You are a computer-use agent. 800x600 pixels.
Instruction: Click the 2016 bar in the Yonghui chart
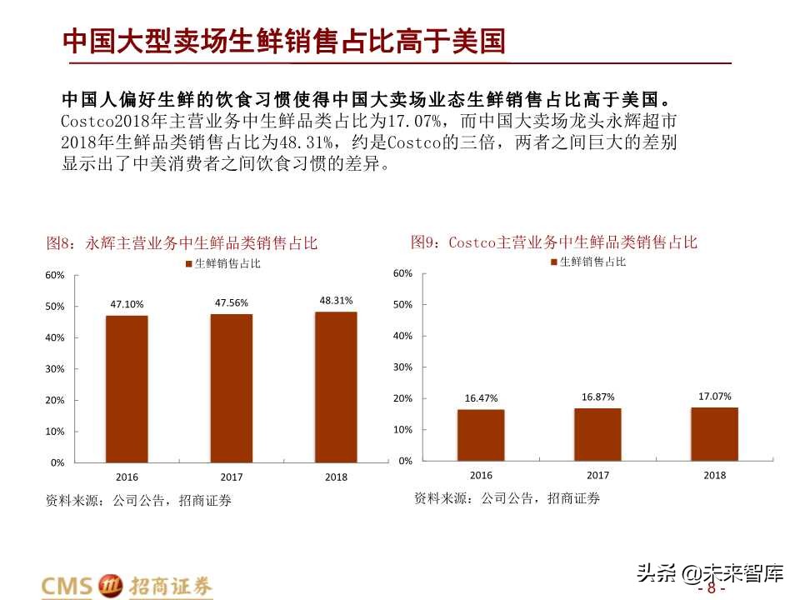point(127,388)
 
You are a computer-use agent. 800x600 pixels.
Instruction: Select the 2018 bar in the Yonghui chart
point(336,387)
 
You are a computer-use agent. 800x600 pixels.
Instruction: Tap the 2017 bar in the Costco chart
point(597,434)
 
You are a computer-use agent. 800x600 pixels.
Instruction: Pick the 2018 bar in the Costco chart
point(714,433)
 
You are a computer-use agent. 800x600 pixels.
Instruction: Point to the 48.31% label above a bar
point(336,300)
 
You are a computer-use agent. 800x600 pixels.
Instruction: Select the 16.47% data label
point(481,399)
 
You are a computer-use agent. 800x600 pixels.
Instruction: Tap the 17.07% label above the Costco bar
point(714,397)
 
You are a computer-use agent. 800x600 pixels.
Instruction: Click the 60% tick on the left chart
point(54,275)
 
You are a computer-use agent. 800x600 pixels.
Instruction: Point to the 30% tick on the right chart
point(402,367)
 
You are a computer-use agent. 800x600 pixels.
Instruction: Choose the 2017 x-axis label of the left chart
point(231,477)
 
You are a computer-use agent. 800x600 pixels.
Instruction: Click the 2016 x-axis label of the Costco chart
point(481,476)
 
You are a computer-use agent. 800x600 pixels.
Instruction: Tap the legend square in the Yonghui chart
point(187,264)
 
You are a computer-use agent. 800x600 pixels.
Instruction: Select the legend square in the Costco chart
point(553,262)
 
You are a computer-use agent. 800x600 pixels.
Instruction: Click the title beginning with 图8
point(182,243)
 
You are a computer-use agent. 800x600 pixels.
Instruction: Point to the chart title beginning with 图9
point(553,242)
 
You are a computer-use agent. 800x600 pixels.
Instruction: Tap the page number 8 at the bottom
point(711,587)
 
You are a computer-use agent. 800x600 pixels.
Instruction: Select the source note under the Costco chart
point(507,498)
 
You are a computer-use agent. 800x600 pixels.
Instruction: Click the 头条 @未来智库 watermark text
point(710,572)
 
